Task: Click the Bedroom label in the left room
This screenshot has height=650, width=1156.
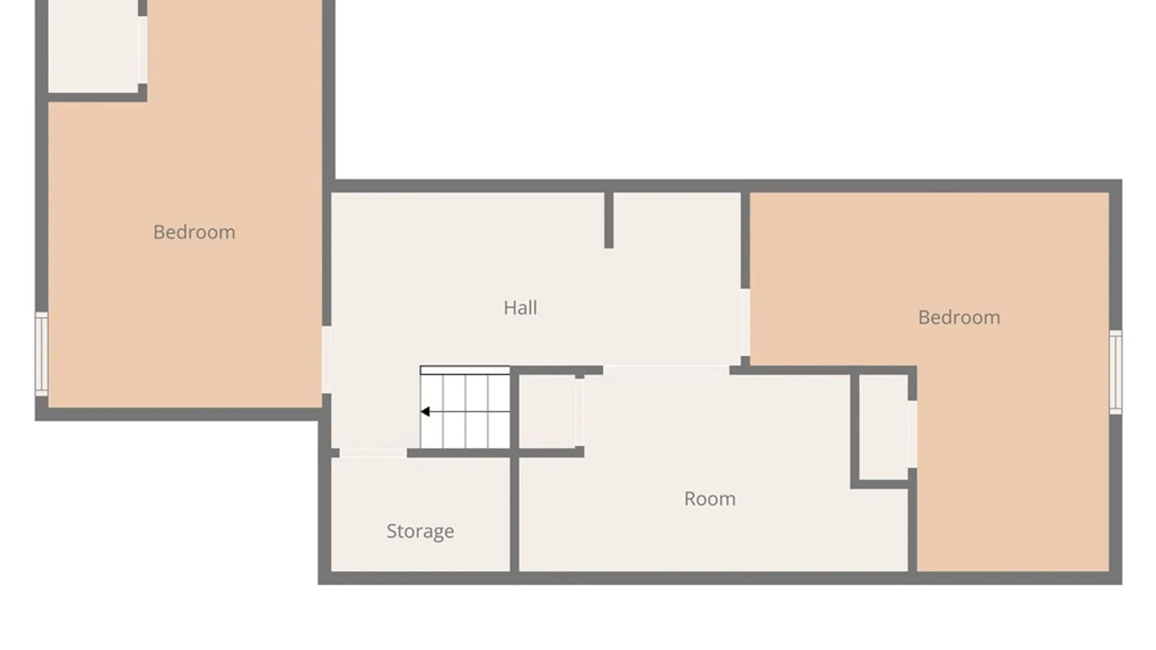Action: click(194, 232)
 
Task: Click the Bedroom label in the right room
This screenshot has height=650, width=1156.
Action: click(959, 318)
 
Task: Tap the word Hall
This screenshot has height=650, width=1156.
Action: click(520, 308)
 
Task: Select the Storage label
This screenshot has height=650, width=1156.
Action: click(420, 531)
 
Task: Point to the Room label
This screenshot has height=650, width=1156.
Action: click(710, 499)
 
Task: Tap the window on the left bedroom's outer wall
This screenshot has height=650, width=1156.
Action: click(41, 354)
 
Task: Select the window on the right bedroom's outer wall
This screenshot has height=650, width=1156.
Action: click(1116, 372)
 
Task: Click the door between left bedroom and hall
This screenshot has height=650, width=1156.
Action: click(326, 360)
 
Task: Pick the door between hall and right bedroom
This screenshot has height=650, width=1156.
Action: click(745, 323)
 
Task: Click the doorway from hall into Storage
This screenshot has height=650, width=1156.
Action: click(373, 453)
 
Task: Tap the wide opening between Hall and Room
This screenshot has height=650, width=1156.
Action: click(667, 370)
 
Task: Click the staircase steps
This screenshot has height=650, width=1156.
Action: click(465, 407)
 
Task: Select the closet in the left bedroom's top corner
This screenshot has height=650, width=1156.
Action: click(93, 46)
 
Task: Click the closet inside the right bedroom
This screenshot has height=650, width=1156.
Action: click(883, 427)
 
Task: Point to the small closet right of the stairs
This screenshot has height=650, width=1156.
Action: click(547, 412)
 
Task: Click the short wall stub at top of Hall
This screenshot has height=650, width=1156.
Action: click(609, 220)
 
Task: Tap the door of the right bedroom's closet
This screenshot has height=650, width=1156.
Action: click(912, 434)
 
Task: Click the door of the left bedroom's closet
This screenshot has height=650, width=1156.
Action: click(143, 50)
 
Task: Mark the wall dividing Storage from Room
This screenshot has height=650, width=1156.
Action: click(515, 515)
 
